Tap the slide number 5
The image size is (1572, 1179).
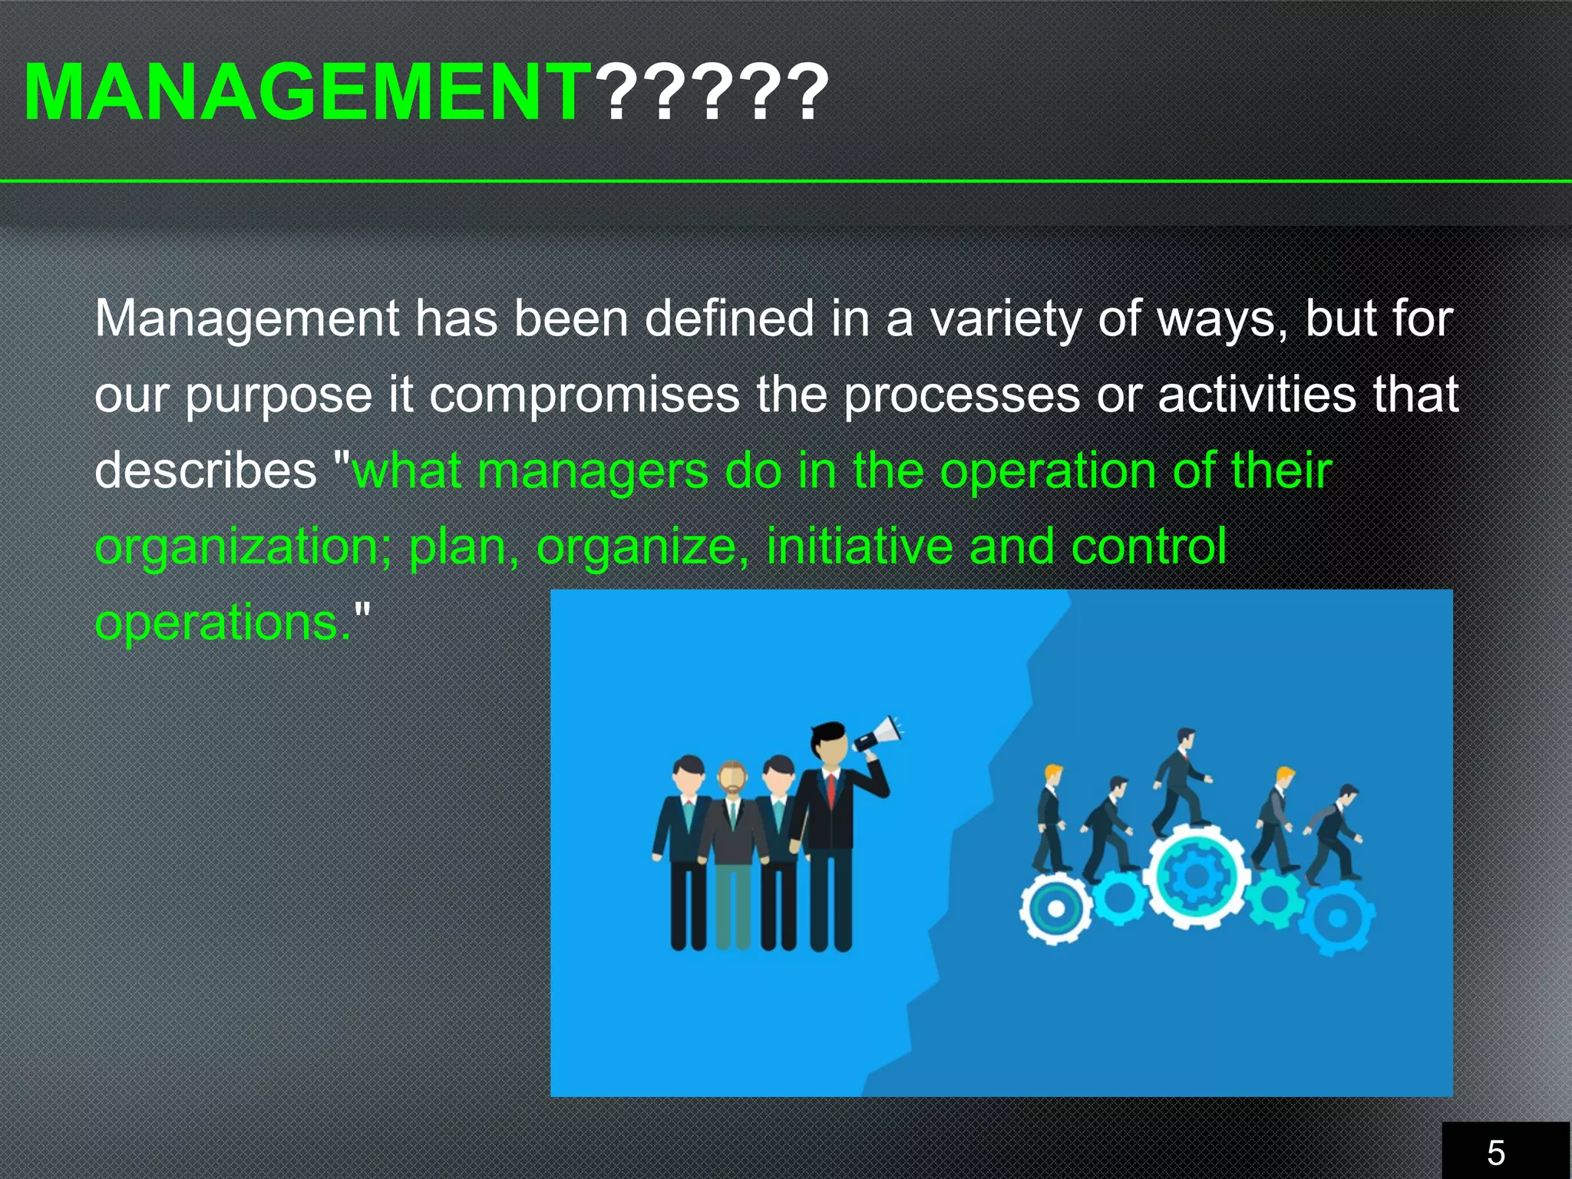tap(1496, 1152)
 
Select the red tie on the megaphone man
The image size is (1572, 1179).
tap(831, 791)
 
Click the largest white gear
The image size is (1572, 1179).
tap(1194, 876)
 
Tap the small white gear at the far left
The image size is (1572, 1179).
tap(1055, 908)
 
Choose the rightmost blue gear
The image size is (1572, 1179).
tap(1338, 917)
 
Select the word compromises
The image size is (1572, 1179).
tap(583, 395)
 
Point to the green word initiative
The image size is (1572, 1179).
tap(859, 546)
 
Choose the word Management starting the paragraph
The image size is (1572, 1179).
tap(246, 319)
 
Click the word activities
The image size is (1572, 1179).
tap(1257, 395)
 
